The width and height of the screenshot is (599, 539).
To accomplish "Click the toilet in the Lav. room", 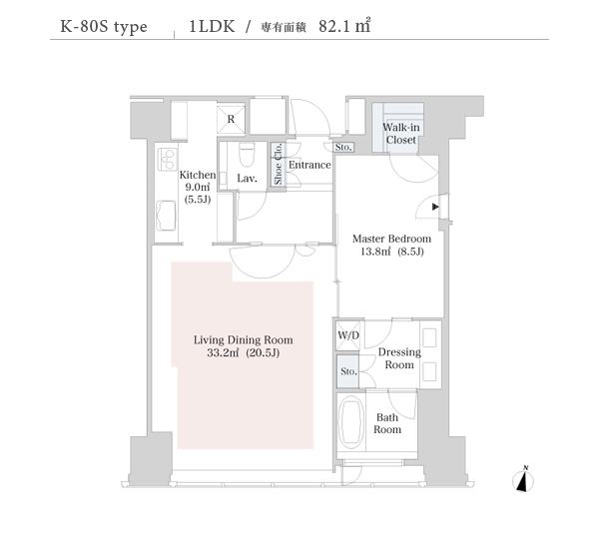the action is click(247, 154).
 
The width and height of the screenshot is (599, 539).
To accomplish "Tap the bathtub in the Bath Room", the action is click(350, 422).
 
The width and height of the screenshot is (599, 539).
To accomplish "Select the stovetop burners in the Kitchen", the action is click(168, 159).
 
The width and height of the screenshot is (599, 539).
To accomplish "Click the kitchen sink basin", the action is click(167, 216).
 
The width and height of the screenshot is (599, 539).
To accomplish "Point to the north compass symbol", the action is click(523, 480).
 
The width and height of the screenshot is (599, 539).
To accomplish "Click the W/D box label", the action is click(348, 335).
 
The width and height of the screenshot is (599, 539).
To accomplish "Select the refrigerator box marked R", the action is click(231, 119).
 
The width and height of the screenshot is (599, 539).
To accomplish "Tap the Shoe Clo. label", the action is click(278, 164).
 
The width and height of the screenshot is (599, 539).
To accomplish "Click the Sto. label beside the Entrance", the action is click(343, 147).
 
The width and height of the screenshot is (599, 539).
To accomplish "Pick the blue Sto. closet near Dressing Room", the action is click(347, 371).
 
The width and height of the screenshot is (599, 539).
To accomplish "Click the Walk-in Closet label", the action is click(401, 134).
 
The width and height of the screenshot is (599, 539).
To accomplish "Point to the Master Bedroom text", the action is click(391, 239).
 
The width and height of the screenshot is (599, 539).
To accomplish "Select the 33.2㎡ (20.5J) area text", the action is click(244, 352).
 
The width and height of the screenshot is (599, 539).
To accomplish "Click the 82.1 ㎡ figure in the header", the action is click(344, 26).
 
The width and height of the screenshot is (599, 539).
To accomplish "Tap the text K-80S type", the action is click(104, 27).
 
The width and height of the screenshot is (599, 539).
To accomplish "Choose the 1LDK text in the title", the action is click(212, 26).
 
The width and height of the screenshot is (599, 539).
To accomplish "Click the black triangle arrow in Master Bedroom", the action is click(435, 207).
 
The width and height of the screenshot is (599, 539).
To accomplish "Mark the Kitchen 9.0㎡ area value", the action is click(198, 188).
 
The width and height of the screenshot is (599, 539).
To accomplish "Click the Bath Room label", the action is click(387, 423).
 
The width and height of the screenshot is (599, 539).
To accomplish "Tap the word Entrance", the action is click(309, 165).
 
